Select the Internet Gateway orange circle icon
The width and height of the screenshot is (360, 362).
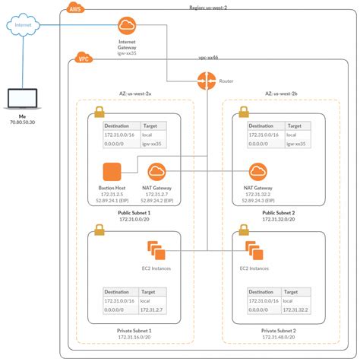coord(127,26)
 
